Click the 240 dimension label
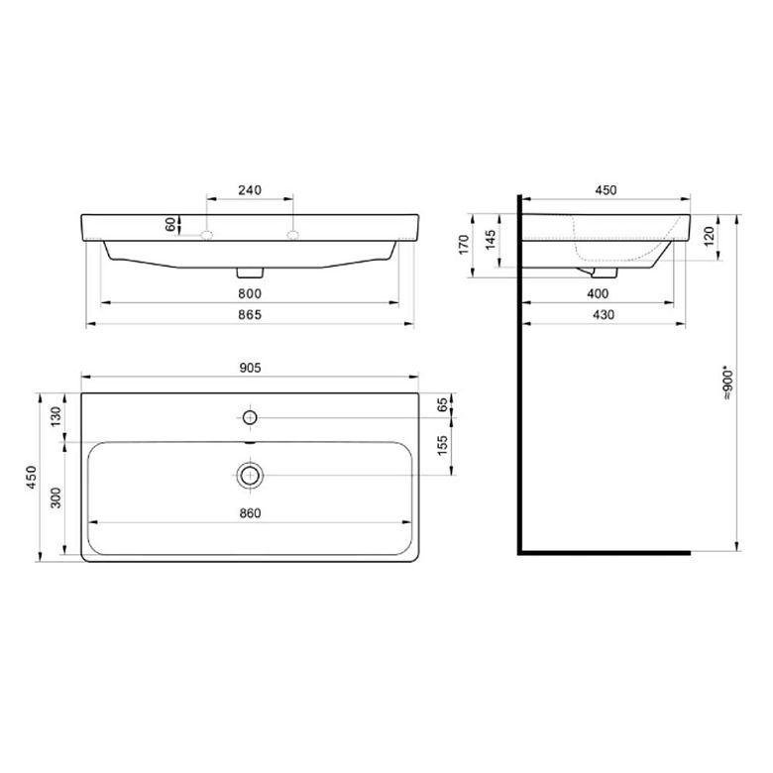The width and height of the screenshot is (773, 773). [x=250, y=190]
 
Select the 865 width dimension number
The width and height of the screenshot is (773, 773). [x=250, y=314]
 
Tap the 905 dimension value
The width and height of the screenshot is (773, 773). [x=250, y=368]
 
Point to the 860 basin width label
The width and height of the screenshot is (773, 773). [x=250, y=513]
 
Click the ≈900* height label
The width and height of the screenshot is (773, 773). [x=728, y=383]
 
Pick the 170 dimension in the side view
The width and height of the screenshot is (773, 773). [x=464, y=245]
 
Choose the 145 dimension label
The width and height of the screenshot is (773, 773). [x=491, y=240]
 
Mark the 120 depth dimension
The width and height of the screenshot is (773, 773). [x=709, y=237]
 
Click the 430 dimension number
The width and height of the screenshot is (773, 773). [x=603, y=314]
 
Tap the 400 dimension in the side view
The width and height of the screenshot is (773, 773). [x=598, y=293]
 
